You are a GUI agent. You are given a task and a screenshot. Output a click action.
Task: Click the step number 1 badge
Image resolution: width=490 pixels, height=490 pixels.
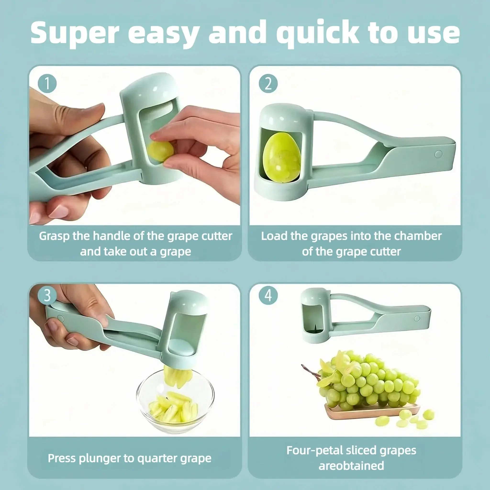click(x=47, y=83)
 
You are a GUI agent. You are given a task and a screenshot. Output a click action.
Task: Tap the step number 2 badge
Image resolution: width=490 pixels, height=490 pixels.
click(x=268, y=83)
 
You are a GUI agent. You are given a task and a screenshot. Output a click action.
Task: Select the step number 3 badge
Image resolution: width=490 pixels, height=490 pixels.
click(x=47, y=295)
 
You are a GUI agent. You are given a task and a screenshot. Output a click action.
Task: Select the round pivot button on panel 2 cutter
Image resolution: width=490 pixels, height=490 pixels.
click(x=438, y=154)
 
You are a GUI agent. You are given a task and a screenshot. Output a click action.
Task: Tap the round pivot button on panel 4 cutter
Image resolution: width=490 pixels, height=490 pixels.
click(x=417, y=318)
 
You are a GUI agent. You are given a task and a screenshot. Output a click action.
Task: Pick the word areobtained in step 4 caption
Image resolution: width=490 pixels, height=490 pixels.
click(x=351, y=466)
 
